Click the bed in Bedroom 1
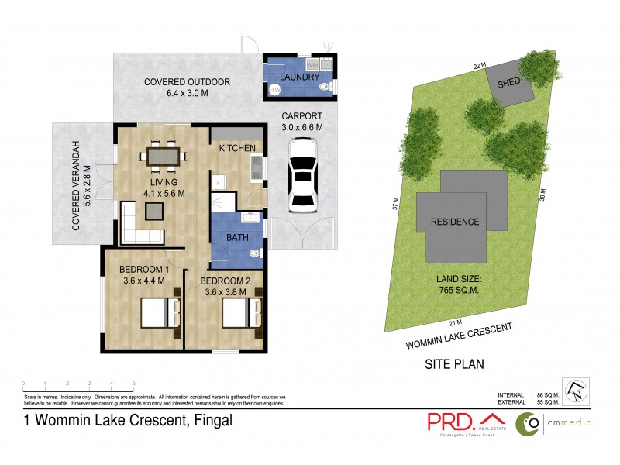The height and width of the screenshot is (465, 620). coord(161,314)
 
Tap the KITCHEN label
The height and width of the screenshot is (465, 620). coord(237,148)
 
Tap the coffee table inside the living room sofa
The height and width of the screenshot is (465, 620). coord(152,211)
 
